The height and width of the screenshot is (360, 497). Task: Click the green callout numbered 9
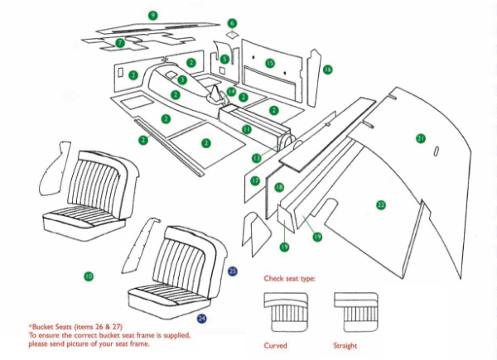click(x=152, y=15)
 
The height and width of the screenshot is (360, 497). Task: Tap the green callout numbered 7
click(x=120, y=42)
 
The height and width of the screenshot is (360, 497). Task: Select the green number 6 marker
click(x=233, y=23)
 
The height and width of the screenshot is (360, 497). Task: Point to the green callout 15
click(x=270, y=63)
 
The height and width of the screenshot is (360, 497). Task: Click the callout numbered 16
click(x=328, y=70)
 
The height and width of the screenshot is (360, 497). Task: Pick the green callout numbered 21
click(x=421, y=137)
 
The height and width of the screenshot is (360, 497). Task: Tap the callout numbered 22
click(x=381, y=204)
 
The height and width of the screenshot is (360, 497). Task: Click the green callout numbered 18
click(x=279, y=188)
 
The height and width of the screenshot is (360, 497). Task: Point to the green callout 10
click(x=89, y=275)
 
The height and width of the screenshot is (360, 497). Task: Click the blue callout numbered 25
click(x=233, y=271)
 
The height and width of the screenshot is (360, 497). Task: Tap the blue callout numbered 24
click(x=201, y=317)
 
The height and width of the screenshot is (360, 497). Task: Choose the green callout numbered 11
click(x=247, y=130)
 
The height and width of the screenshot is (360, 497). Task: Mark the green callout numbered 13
click(x=256, y=157)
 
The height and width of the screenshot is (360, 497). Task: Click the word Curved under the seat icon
click(x=276, y=344)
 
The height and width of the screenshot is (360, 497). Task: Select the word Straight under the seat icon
click(x=345, y=344)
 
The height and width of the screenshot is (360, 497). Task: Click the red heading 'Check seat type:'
click(x=289, y=279)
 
